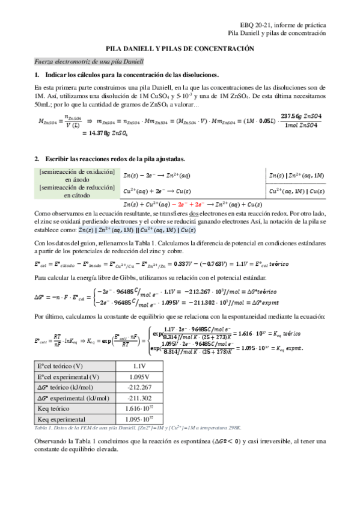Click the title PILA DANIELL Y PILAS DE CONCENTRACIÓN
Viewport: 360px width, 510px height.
click(x=180, y=49)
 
